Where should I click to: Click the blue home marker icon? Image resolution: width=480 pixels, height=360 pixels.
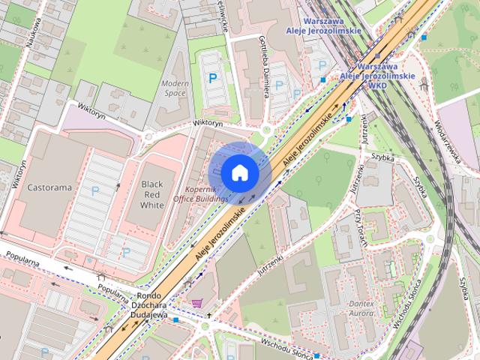(239, 172)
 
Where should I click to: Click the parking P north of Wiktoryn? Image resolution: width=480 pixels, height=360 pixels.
(214, 76)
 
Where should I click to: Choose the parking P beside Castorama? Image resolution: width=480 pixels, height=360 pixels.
(95, 191)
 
